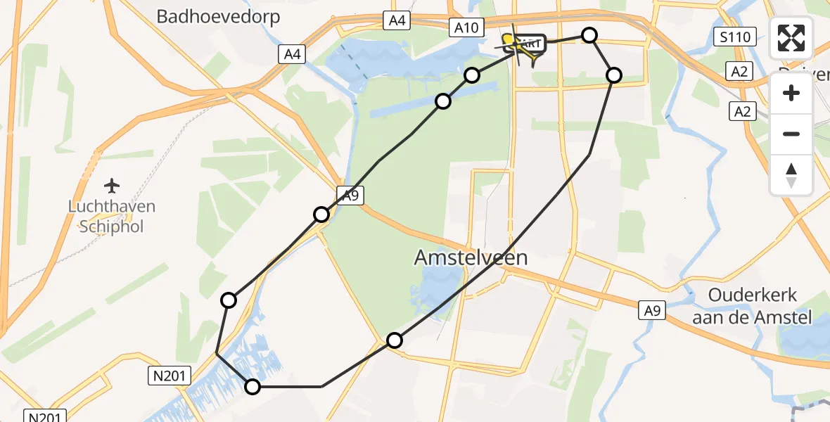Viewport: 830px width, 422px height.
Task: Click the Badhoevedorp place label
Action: point(218,17)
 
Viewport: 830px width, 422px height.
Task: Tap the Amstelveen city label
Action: point(471,258)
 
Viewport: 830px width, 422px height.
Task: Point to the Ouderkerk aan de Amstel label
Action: point(751,307)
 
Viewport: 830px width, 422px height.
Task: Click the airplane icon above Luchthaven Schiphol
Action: point(111,186)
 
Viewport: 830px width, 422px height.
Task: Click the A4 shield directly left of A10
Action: point(397,20)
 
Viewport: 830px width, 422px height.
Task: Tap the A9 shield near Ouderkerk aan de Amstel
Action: point(652,310)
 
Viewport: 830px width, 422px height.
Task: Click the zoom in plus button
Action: point(791,93)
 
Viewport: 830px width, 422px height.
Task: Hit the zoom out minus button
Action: point(791,133)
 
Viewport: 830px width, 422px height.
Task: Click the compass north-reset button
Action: point(791,174)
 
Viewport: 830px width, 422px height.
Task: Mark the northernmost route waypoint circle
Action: point(589,35)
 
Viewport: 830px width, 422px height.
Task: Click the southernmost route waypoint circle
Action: point(252,386)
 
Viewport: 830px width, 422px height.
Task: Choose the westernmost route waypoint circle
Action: point(229,300)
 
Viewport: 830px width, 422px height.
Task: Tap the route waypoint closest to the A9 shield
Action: point(321,215)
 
